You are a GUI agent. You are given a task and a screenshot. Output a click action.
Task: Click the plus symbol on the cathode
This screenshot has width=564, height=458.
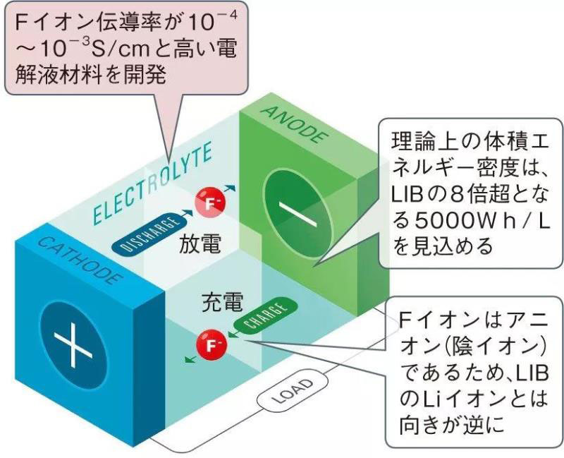coord(75,344)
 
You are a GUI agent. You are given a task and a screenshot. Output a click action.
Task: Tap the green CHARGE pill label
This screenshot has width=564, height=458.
coord(262,316)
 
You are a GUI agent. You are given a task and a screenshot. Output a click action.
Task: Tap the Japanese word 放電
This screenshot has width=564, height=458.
coord(200,245)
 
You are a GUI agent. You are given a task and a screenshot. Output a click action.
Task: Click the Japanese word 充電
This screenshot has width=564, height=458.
coord(219,303)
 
